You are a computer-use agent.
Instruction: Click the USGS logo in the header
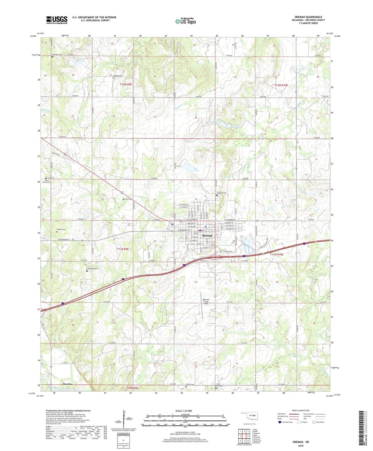57,20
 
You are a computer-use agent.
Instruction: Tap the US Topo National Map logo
185,21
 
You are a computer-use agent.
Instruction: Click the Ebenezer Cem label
57,55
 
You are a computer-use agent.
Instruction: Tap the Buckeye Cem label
118,76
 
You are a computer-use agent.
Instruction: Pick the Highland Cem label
221,193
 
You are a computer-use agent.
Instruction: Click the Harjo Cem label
129,199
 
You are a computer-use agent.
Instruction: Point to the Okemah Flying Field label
206,301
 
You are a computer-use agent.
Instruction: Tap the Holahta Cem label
61,229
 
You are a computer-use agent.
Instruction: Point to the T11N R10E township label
276,254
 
